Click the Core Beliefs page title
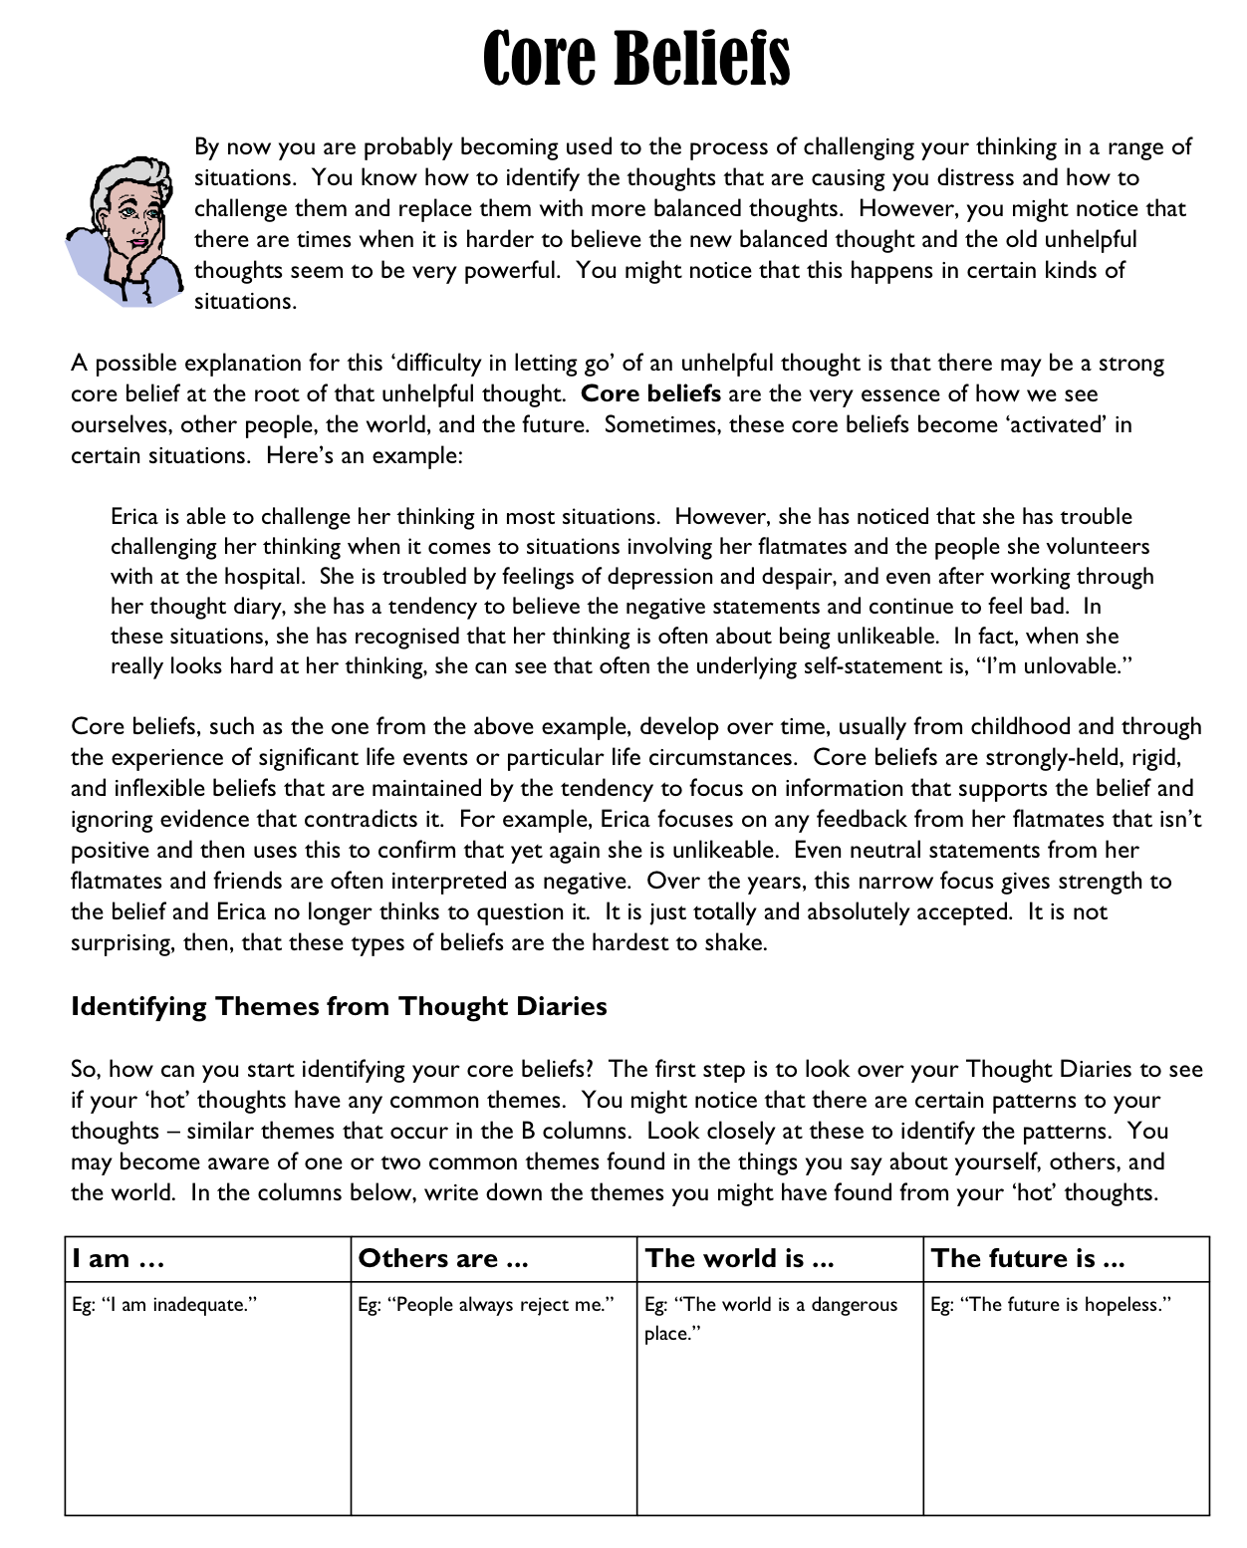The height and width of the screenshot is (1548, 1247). pyautogui.click(x=636, y=59)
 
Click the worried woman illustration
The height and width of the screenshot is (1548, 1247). pyautogui.click(x=125, y=231)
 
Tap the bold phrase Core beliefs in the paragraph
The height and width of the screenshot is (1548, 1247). pyautogui.click(x=650, y=393)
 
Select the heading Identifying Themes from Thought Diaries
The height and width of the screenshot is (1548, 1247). pyautogui.click(x=339, y=1006)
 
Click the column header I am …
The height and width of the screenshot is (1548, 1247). pyautogui.click(x=118, y=1259)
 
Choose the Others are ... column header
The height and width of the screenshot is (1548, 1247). pyautogui.click(x=443, y=1259)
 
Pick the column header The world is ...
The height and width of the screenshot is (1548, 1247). pyautogui.click(x=739, y=1259)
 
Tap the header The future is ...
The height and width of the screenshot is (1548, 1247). pyautogui.click(x=1028, y=1259)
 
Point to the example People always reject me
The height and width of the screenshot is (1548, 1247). pyautogui.click(x=486, y=1305)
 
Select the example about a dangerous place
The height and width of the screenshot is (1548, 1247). pyautogui.click(x=771, y=1318)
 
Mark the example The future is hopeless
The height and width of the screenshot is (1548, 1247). pyautogui.click(x=1051, y=1305)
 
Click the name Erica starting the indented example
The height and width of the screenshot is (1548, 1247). pyautogui.click(x=134, y=517)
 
